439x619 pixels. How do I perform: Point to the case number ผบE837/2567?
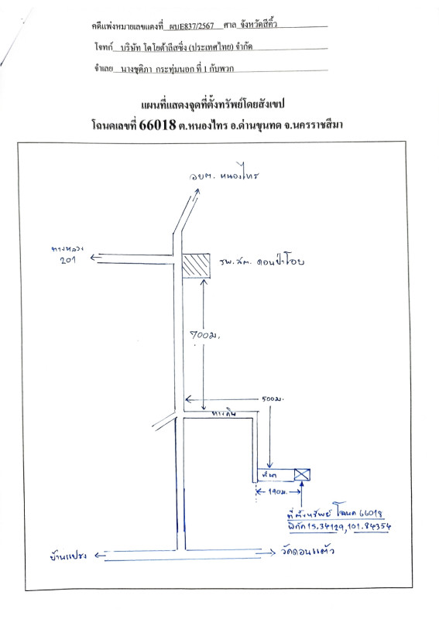(190, 26)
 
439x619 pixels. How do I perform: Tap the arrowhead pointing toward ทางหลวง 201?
(94, 258)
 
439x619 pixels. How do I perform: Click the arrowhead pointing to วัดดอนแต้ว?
(271, 553)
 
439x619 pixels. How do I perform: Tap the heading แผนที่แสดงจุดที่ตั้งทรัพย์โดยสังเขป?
(219, 103)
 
